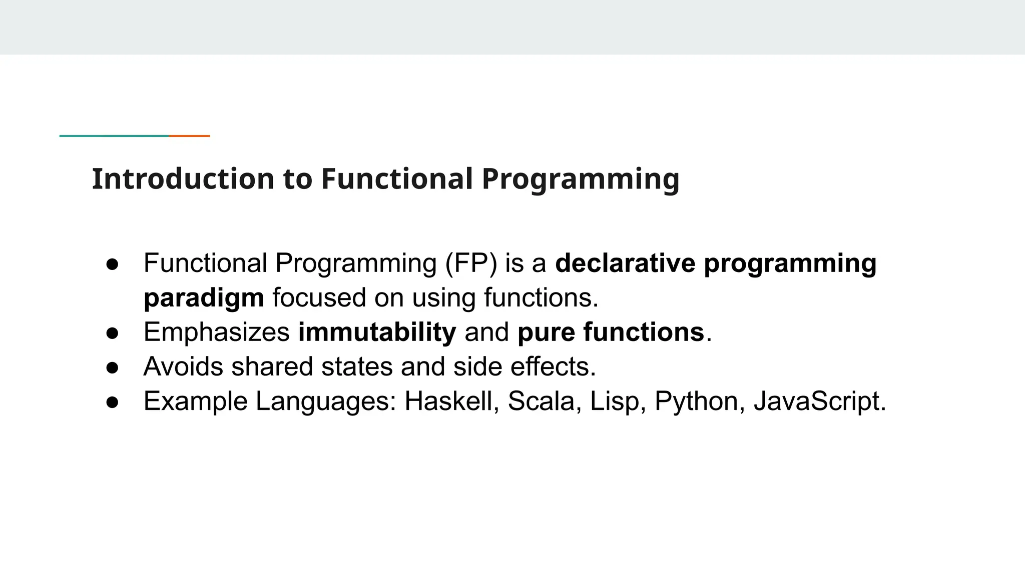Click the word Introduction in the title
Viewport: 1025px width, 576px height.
pyautogui.click(x=183, y=179)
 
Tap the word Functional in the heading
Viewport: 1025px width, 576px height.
pyautogui.click(x=396, y=179)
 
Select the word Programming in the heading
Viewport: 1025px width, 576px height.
pyautogui.click(x=580, y=179)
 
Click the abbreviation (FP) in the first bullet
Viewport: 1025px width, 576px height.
pyautogui.click(x=470, y=263)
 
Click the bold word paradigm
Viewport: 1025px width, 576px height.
pyautogui.click(x=204, y=298)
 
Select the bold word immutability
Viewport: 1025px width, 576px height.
pyautogui.click(x=377, y=332)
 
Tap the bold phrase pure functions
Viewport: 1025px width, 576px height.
pyautogui.click(x=611, y=332)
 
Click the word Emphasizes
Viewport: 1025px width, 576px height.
pyautogui.click(x=216, y=332)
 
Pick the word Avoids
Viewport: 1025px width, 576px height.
pyautogui.click(x=183, y=366)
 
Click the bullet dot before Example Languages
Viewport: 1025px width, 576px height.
pyautogui.click(x=113, y=401)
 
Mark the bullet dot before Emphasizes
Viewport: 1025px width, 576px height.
pyautogui.click(x=113, y=332)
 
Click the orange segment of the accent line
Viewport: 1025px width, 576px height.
pyautogui.click(x=189, y=135)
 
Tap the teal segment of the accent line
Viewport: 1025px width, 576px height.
pyautogui.click(x=114, y=135)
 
